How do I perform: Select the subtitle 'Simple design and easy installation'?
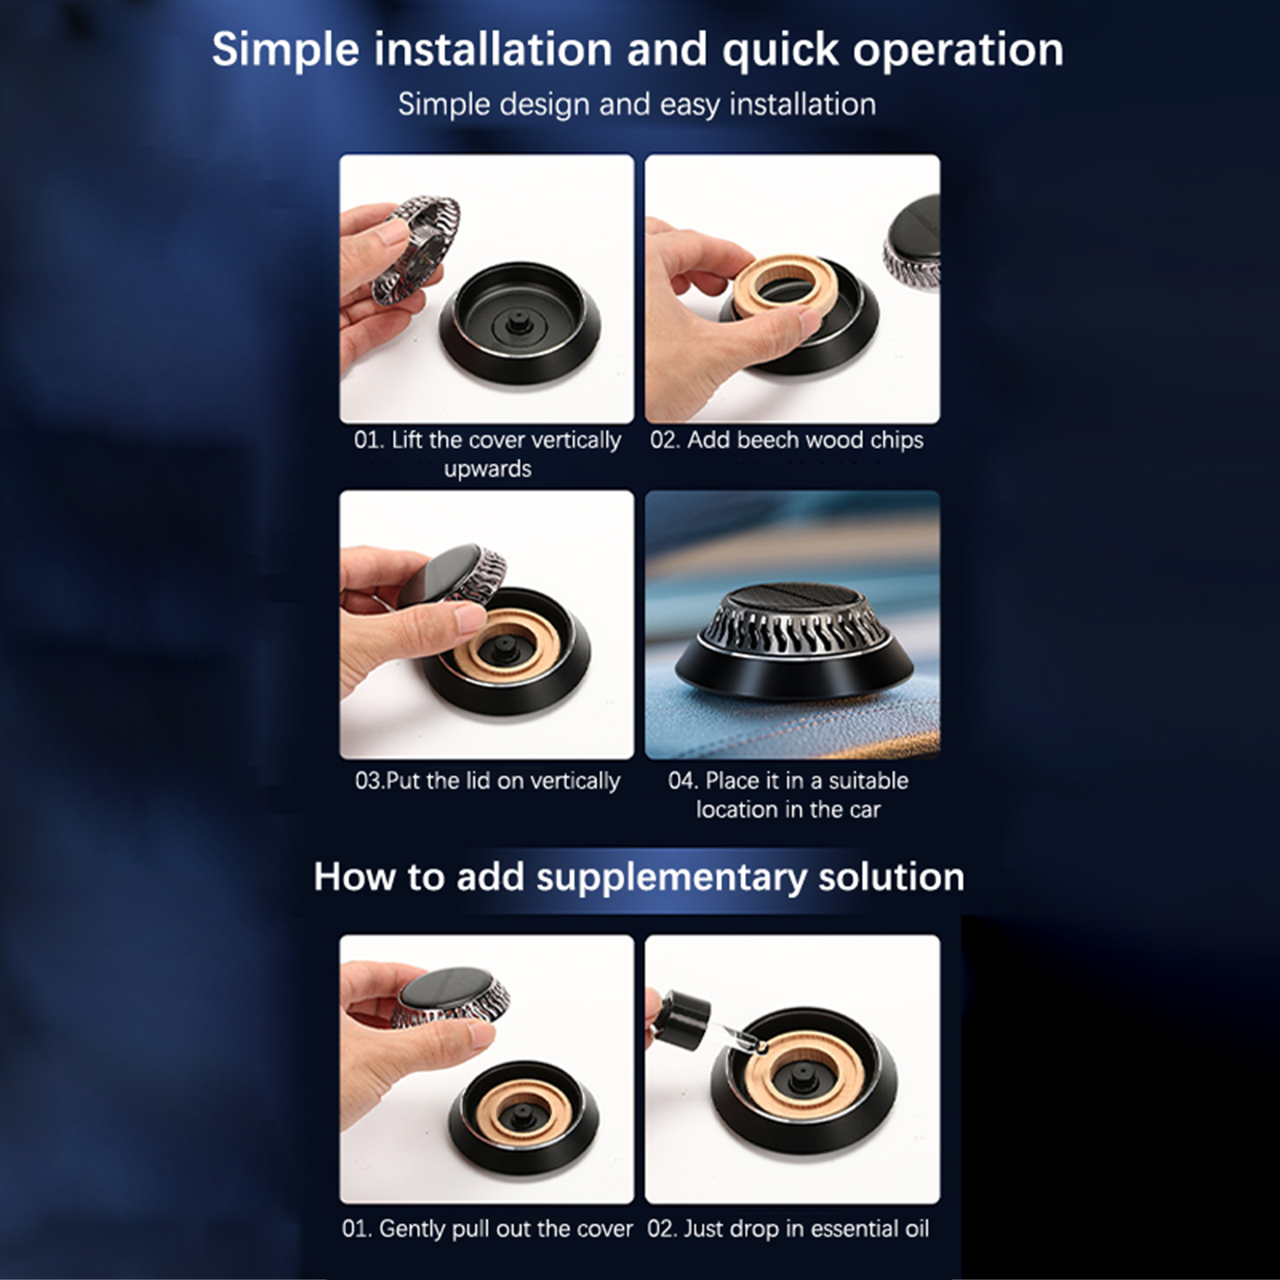(637, 105)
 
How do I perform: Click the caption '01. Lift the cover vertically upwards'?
(487, 454)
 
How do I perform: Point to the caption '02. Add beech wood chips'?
(786, 440)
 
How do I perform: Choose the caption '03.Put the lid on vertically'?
(487, 781)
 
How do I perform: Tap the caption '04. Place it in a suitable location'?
(788, 794)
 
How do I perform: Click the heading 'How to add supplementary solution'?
(638, 878)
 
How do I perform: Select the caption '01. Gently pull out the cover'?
(487, 1229)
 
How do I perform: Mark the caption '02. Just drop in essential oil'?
(788, 1229)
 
